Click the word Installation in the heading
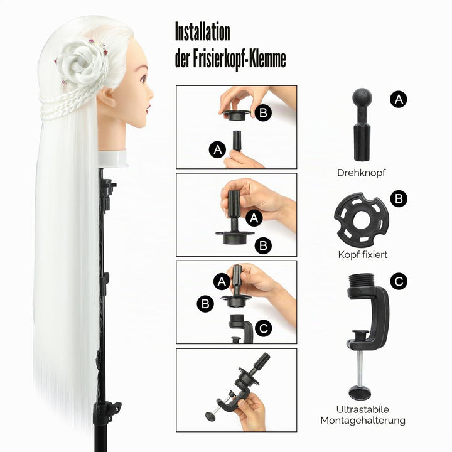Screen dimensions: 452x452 [203, 32]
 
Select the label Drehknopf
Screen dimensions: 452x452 [361, 173]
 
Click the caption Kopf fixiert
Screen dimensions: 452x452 [363, 254]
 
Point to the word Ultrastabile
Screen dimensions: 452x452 [362, 409]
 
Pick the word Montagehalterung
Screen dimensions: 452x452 [363, 421]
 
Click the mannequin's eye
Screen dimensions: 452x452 [143, 78]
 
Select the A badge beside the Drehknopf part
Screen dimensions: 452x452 [399, 99]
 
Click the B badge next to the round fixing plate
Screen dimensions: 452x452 [399, 198]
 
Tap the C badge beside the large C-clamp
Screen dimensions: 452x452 [399, 281]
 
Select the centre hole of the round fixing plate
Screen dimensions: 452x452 [361, 220]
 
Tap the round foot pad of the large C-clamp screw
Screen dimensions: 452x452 [360, 392]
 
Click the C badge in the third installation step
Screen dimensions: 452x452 [264, 328]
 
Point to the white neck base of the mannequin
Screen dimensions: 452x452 [112, 159]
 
